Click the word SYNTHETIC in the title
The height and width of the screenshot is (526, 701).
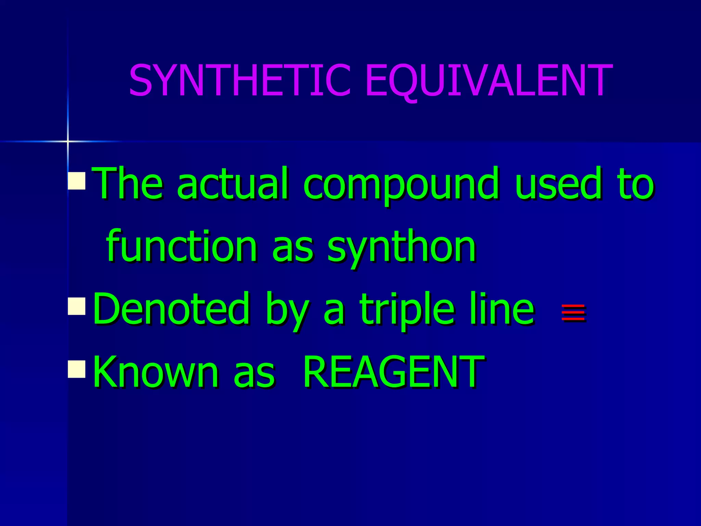240,80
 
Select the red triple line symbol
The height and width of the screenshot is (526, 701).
573,312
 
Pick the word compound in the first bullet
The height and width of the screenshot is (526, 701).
400,184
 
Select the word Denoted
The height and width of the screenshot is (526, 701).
171,308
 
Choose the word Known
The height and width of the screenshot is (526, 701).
156,372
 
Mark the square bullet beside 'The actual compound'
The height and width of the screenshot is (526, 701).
77,180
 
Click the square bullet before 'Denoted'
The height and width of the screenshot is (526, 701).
77,306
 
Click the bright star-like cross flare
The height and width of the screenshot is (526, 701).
68,141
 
